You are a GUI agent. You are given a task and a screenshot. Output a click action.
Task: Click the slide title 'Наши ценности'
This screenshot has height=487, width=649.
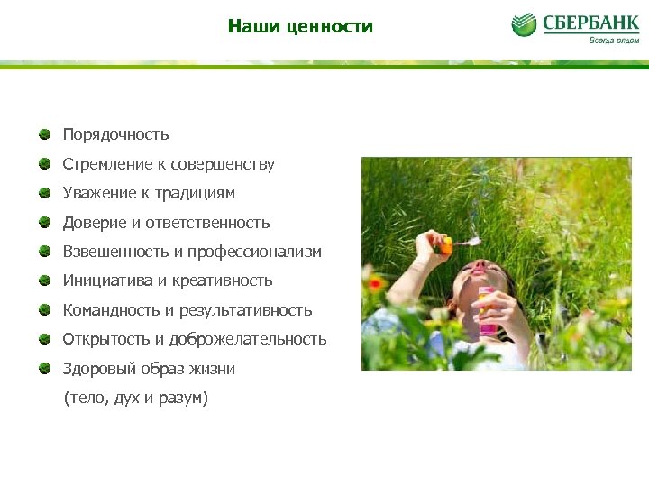pos(300,26)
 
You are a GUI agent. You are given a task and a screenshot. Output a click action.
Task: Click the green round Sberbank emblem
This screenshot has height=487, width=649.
pos(524,24)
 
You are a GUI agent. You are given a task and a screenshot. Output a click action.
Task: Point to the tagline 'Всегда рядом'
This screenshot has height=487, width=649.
pos(614,40)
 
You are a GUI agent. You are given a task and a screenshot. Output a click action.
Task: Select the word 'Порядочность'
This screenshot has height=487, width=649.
pos(115,134)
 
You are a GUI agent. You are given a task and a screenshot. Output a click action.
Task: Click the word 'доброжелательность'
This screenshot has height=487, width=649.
pos(256,339)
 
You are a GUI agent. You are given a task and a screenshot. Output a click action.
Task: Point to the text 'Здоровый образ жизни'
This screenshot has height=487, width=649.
pos(149,369)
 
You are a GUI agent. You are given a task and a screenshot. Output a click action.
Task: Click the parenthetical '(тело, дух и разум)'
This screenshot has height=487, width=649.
pos(135,398)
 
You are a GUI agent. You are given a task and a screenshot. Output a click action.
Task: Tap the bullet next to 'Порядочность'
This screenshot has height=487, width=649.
pos(44,134)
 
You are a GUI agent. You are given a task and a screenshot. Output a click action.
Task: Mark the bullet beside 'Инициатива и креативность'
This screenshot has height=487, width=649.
pos(44,280)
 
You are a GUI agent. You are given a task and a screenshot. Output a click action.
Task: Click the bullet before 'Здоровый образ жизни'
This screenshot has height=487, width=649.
pos(44,368)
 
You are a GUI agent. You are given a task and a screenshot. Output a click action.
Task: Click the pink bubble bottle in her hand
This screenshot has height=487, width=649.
pos(487,311)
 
